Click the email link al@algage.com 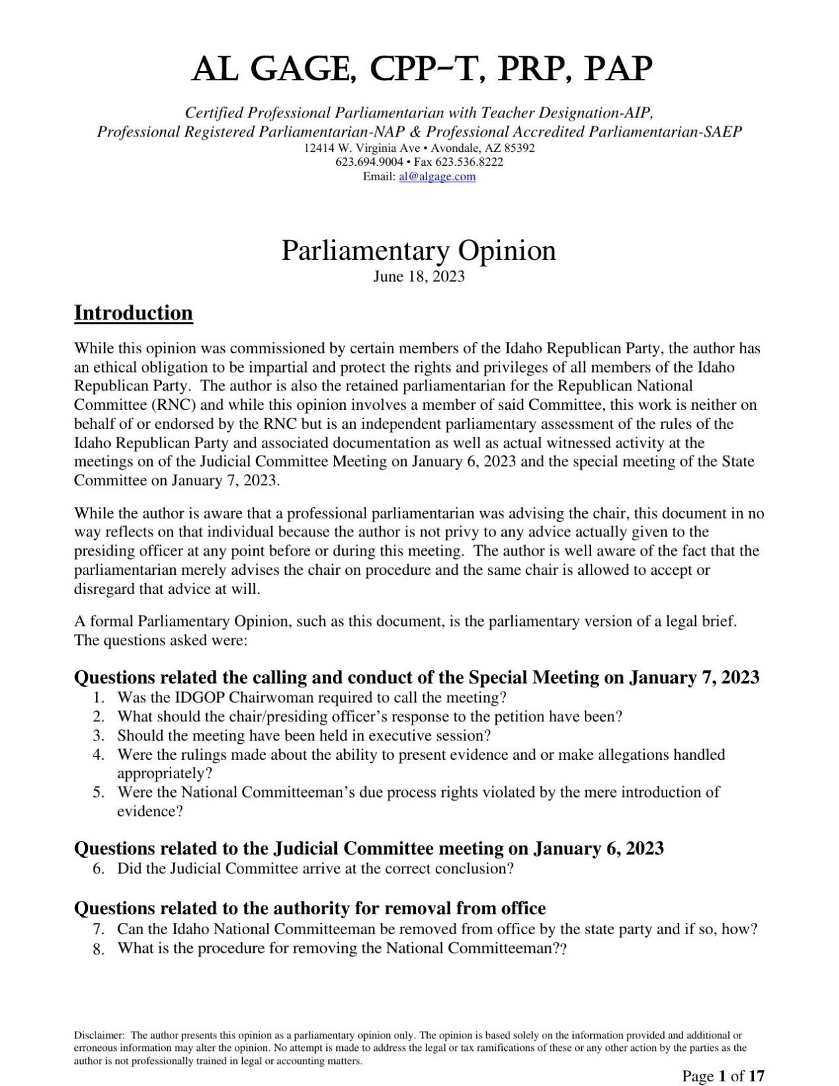pos(437,176)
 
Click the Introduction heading pos(133,313)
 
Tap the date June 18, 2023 pos(419,276)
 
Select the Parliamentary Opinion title pos(419,251)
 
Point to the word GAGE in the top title pos(293,69)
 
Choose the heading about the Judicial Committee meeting pos(369,848)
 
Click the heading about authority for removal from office pos(310,908)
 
